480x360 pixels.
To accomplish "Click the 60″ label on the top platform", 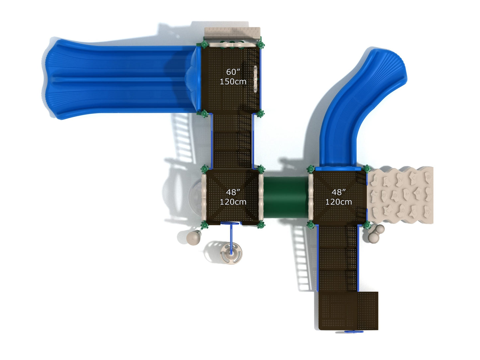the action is coord(233,72).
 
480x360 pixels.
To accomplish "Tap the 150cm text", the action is coord(233,81).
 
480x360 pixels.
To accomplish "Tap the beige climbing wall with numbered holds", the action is coord(401,195).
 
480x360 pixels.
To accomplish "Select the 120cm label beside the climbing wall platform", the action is coord(338,202).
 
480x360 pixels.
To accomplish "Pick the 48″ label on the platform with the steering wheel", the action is coord(233,192).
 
